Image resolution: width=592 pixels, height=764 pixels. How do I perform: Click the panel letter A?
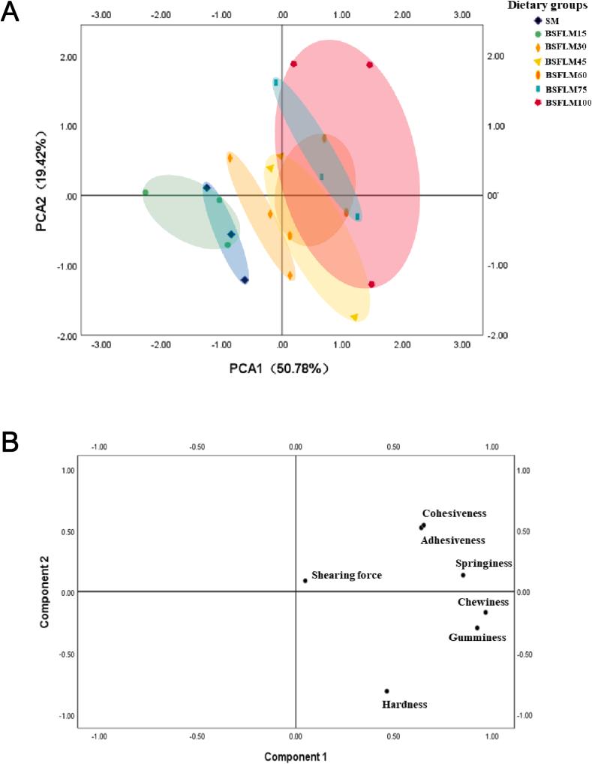point(10,14)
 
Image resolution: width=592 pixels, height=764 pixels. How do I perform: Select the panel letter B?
point(10,442)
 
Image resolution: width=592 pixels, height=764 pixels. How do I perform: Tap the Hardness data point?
point(386,691)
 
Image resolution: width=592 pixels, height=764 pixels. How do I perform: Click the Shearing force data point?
point(305,581)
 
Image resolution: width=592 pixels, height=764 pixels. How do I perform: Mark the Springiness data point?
point(463,576)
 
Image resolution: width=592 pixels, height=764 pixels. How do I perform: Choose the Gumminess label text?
point(476,638)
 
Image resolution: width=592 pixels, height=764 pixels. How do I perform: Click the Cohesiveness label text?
point(454,514)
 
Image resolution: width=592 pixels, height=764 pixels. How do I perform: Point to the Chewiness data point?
point(485,612)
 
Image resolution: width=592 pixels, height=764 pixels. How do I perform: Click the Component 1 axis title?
point(295,757)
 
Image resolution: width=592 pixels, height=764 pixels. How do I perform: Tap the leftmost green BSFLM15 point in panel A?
point(146,193)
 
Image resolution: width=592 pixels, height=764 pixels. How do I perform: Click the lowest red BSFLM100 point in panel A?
point(371,284)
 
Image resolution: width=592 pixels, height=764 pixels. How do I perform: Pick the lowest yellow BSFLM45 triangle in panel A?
point(354,317)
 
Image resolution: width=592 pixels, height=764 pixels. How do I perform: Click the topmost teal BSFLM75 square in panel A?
point(276,82)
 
